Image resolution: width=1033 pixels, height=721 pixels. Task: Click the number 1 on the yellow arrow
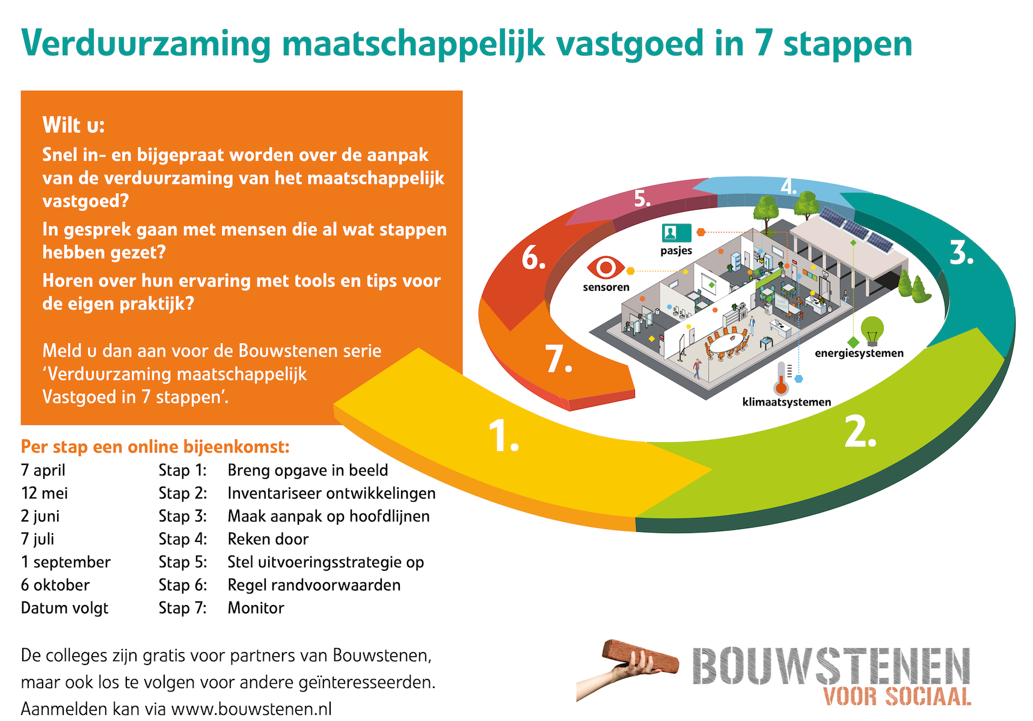point(503,436)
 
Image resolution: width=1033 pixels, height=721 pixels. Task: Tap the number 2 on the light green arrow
point(860,431)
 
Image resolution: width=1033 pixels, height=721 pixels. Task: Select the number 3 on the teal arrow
point(961,252)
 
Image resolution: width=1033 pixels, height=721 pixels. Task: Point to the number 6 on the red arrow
point(533,258)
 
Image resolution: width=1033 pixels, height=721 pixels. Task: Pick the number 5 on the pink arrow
point(643,198)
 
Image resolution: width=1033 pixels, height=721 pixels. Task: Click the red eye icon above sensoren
point(606,267)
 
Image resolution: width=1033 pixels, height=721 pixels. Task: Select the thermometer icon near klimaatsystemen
point(781,377)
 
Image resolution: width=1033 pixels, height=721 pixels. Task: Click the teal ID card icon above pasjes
point(676,232)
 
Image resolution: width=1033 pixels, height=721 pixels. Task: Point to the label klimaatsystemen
point(786,402)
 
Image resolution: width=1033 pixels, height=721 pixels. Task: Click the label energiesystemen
point(859,353)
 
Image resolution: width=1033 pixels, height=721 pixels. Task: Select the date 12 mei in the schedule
point(44,493)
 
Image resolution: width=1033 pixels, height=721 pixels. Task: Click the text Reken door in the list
point(268,539)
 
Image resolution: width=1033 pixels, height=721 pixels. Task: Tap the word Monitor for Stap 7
point(256,607)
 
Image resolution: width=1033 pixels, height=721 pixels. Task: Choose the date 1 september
point(66,562)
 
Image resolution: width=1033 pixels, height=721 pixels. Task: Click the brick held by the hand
point(640,657)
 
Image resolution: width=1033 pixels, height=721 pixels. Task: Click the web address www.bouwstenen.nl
point(251,709)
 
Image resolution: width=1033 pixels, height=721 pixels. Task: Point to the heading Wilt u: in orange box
point(73,125)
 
